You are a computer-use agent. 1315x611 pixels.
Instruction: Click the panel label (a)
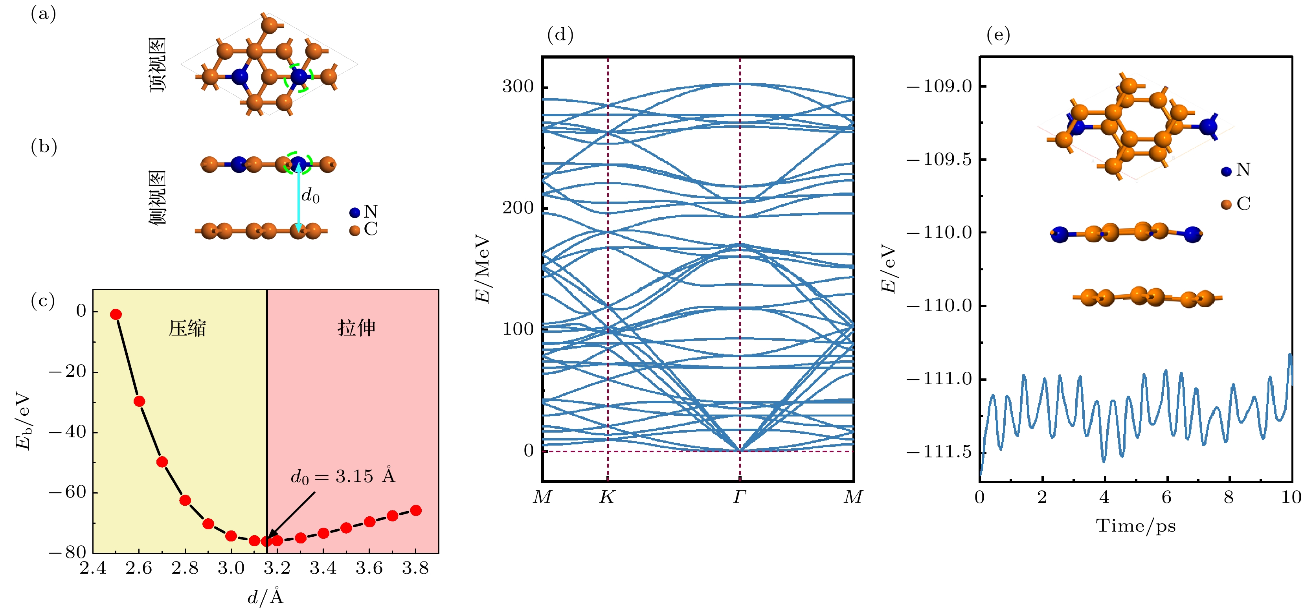click(x=43, y=14)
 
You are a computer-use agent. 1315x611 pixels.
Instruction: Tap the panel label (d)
click(x=560, y=35)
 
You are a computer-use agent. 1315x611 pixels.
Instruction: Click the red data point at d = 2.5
click(x=116, y=314)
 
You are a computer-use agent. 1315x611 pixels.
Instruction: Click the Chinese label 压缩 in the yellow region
click(x=187, y=328)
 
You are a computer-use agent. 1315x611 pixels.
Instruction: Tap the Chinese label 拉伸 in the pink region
click(x=356, y=328)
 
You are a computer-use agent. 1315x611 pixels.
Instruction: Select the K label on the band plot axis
click(x=607, y=497)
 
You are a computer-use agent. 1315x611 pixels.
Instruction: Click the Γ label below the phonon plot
click(x=740, y=497)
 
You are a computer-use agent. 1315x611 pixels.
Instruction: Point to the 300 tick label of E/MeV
click(x=518, y=86)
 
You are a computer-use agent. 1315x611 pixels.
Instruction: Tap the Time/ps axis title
click(x=1135, y=526)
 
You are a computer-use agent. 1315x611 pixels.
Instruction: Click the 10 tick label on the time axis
click(x=1291, y=497)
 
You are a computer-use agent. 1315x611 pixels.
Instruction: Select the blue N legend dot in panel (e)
click(x=1226, y=171)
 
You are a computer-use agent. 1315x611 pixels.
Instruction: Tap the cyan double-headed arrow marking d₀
click(x=299, y=196)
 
